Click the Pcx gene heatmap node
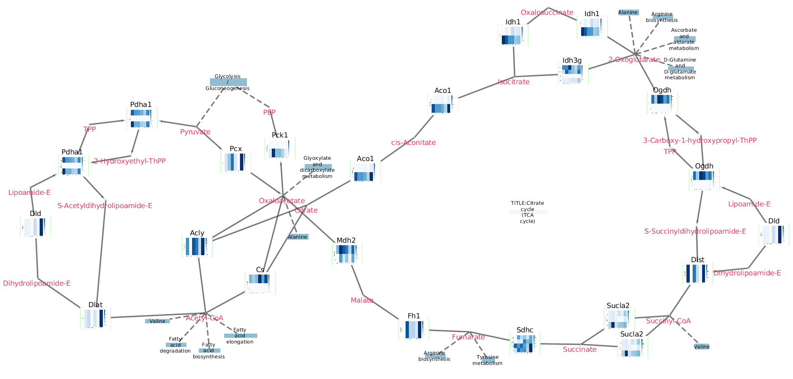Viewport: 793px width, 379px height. (x=236, y=162)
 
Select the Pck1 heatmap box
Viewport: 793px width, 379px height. (x=280, y=149)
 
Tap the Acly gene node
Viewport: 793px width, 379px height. (x=197, y=246)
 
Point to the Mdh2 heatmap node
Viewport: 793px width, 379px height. (x=347, y=254)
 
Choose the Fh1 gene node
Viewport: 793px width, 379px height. (x=414, y=329)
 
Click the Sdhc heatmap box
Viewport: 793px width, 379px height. (x=525, y=343)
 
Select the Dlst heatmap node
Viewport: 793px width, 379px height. (x=698, y=273)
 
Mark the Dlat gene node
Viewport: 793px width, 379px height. (x=95, y=318)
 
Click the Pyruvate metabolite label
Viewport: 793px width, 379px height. (x=195, y=132)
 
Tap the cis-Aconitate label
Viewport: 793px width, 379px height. (x=413, y=143)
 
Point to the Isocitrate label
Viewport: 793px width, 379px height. (x=513, y=82)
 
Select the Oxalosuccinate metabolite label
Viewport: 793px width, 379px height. (x=547, y=13)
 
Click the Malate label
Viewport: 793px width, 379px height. (x=362, y=301)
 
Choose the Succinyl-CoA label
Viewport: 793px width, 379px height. (x=668, y=321)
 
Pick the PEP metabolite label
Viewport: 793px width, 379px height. (x=269, y=112)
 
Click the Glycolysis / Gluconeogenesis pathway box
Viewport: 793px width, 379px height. (x=228, y=82)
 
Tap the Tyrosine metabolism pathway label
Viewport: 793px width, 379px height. (x=487, y=360)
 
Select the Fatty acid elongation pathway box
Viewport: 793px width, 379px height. (x=240, y=336)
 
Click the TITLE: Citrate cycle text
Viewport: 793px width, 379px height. (x=528, y=212)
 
